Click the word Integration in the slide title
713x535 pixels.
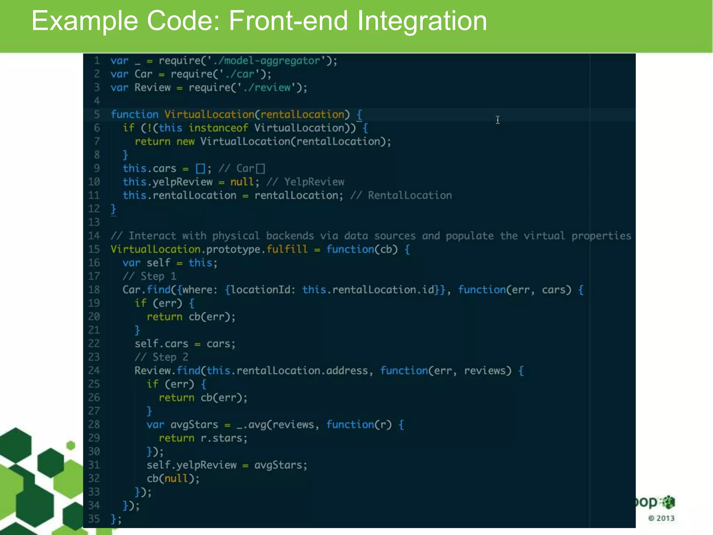[422, 21]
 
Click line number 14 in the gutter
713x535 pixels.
[94, 236]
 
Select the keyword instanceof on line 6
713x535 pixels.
[218, 128]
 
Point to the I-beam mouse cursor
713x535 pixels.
[498, 120]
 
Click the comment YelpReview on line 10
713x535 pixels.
[314, 182]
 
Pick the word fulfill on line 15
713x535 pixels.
[287, 249]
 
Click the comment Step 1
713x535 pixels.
[158, 276]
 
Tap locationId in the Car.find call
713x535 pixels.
[261, 290]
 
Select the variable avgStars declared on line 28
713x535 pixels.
[194, 425]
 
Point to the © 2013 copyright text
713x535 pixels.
[661, 518]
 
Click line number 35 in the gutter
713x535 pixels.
[94, 519]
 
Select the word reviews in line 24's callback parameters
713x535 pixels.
[487, 371]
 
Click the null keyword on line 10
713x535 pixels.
[242, 182]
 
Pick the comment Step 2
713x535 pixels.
[170, 357]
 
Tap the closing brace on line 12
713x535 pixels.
[113, 209]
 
